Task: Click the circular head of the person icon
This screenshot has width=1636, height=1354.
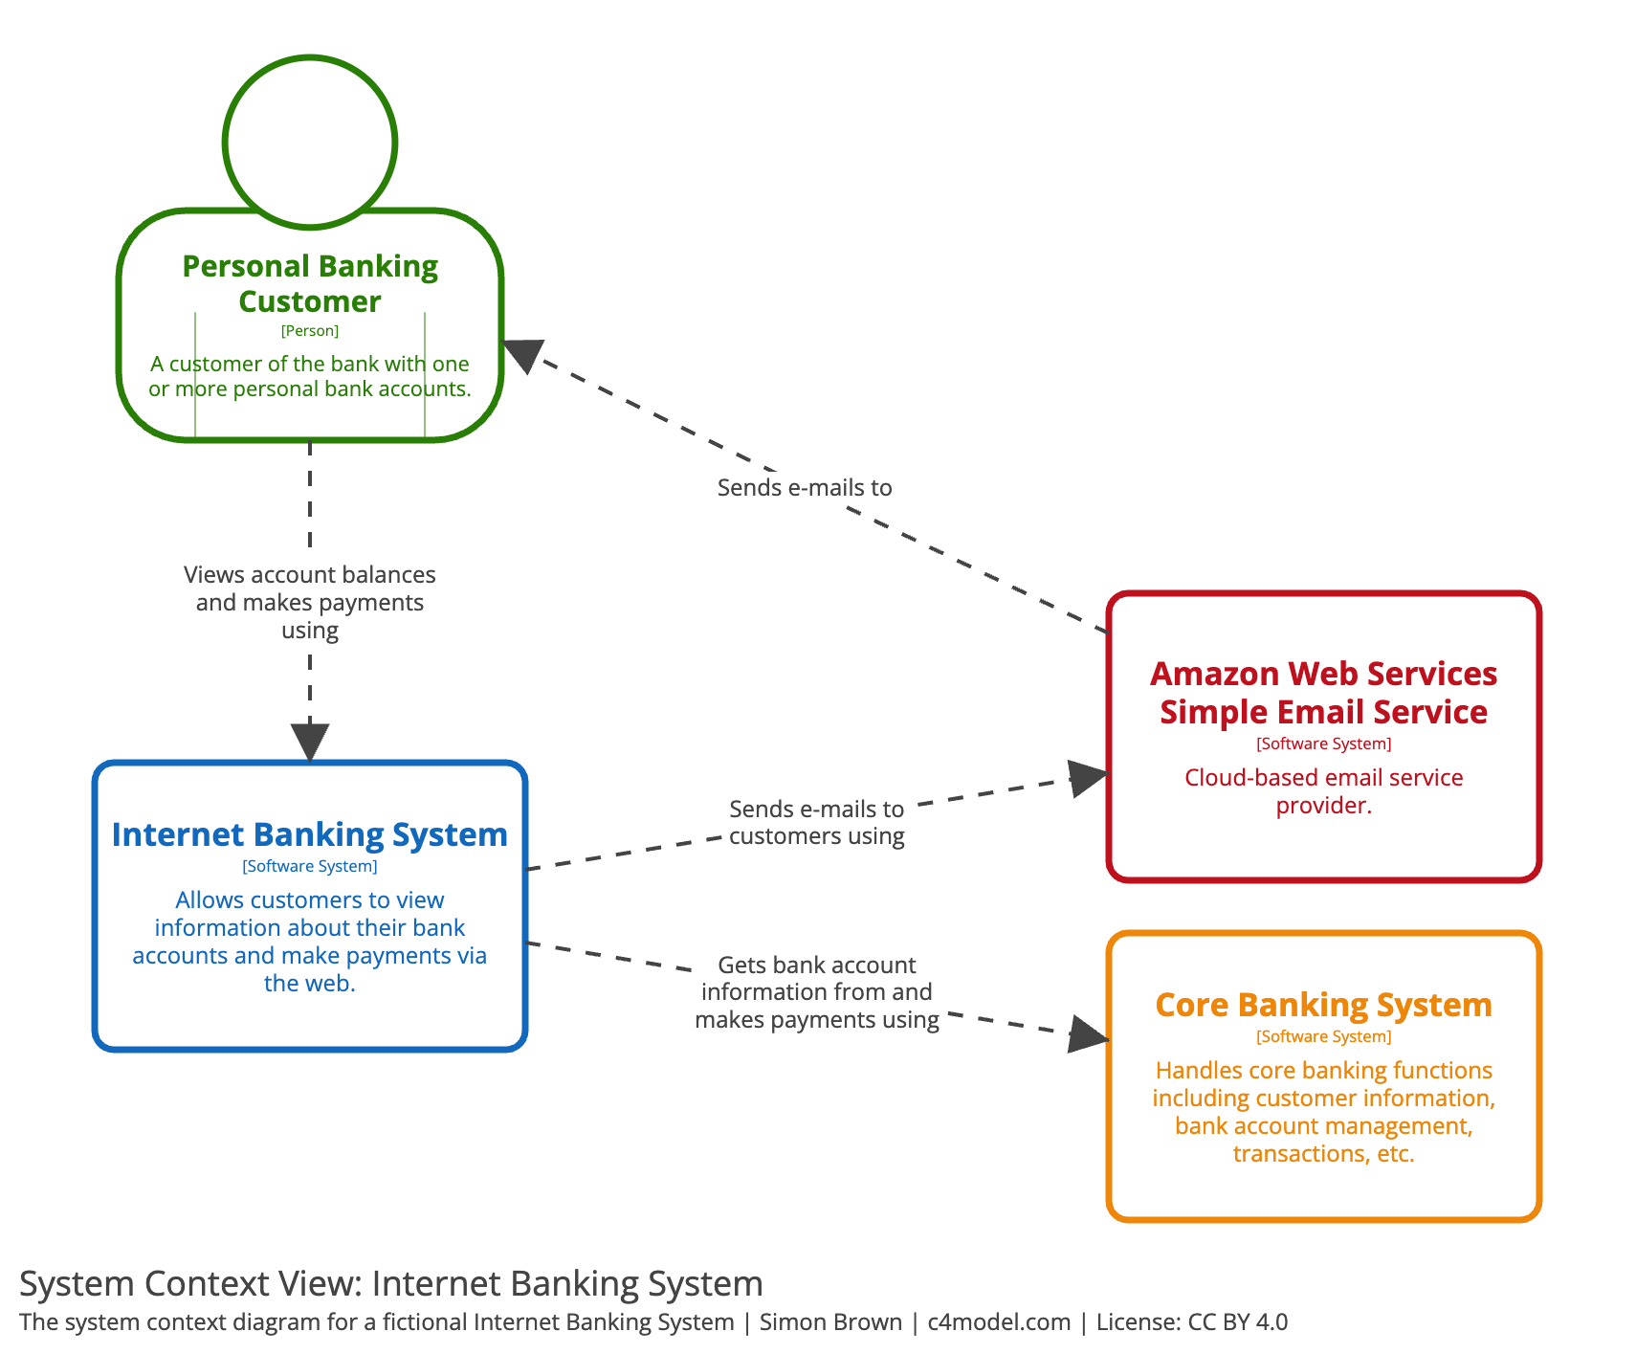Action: click(x=310, y=142)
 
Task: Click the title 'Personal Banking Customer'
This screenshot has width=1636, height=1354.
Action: click(x=310, y=283)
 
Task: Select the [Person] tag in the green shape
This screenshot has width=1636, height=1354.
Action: click(x=310, y=331)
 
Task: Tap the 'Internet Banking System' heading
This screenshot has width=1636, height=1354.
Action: click(x=310, y=834)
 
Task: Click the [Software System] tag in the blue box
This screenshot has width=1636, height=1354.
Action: click(x=310, y=866)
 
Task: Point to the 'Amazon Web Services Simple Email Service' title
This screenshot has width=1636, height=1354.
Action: click(x=1323, y=693)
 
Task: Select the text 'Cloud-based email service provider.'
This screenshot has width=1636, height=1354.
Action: click(x=1323, y=791)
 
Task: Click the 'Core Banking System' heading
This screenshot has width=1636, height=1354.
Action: click(x=1323, y=1005)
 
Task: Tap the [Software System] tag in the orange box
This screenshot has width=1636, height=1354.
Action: click(x=1323, y=1036)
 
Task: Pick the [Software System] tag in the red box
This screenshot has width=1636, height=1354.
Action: click(x=1323, y=744)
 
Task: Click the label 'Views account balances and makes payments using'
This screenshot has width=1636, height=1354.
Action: click(x=310, y=602)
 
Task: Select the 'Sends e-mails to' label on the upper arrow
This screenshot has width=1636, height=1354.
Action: click(x=805, y=487)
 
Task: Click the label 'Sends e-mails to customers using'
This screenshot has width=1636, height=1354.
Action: click(x=816, y=822)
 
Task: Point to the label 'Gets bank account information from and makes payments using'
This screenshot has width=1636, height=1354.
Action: click(x=816, y=992)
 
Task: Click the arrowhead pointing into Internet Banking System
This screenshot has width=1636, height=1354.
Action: click(x=310, y=744)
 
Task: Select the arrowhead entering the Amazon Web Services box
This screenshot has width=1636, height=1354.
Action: click(x=1088, y=777)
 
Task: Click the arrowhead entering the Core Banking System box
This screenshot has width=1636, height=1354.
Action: click(x=1088, y=1034)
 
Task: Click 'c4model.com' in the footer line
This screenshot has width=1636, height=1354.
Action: click(x=999, y=1322)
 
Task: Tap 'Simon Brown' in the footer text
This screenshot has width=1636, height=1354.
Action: click(x=830, y=1322)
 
